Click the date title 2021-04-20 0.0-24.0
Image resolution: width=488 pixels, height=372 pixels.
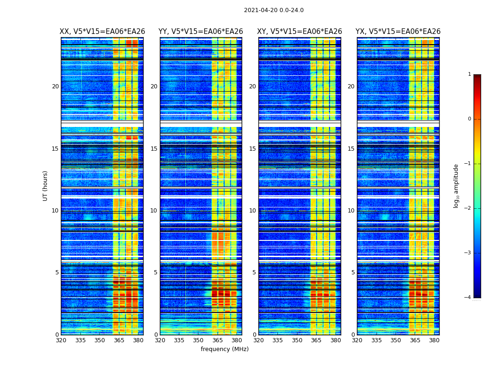274,10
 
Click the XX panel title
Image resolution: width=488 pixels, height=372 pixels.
102,32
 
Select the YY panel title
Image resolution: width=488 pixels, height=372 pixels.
201,32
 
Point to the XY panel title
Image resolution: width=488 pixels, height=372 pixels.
299,32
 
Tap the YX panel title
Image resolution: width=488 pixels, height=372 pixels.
398,32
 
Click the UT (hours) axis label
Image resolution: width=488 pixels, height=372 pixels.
46,186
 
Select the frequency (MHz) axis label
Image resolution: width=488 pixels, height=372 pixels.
224,349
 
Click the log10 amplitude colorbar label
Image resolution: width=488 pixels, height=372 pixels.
456,186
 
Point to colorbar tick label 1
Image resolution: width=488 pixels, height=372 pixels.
469,74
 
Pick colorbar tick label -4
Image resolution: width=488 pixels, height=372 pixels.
468,298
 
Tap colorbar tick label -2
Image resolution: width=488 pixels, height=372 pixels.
468,208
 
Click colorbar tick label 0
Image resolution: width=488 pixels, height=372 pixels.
469,119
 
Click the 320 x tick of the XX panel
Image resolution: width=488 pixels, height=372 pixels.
61,340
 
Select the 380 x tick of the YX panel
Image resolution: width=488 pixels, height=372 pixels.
434,340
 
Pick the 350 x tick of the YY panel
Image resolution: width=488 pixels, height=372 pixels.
198,340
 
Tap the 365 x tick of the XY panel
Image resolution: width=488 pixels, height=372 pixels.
316,340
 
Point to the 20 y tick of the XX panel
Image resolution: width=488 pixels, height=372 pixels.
55,86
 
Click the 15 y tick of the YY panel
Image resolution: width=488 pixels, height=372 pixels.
154,149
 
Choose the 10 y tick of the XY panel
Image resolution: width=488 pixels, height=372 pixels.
252,211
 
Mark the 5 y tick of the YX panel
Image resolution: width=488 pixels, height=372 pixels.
353,272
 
